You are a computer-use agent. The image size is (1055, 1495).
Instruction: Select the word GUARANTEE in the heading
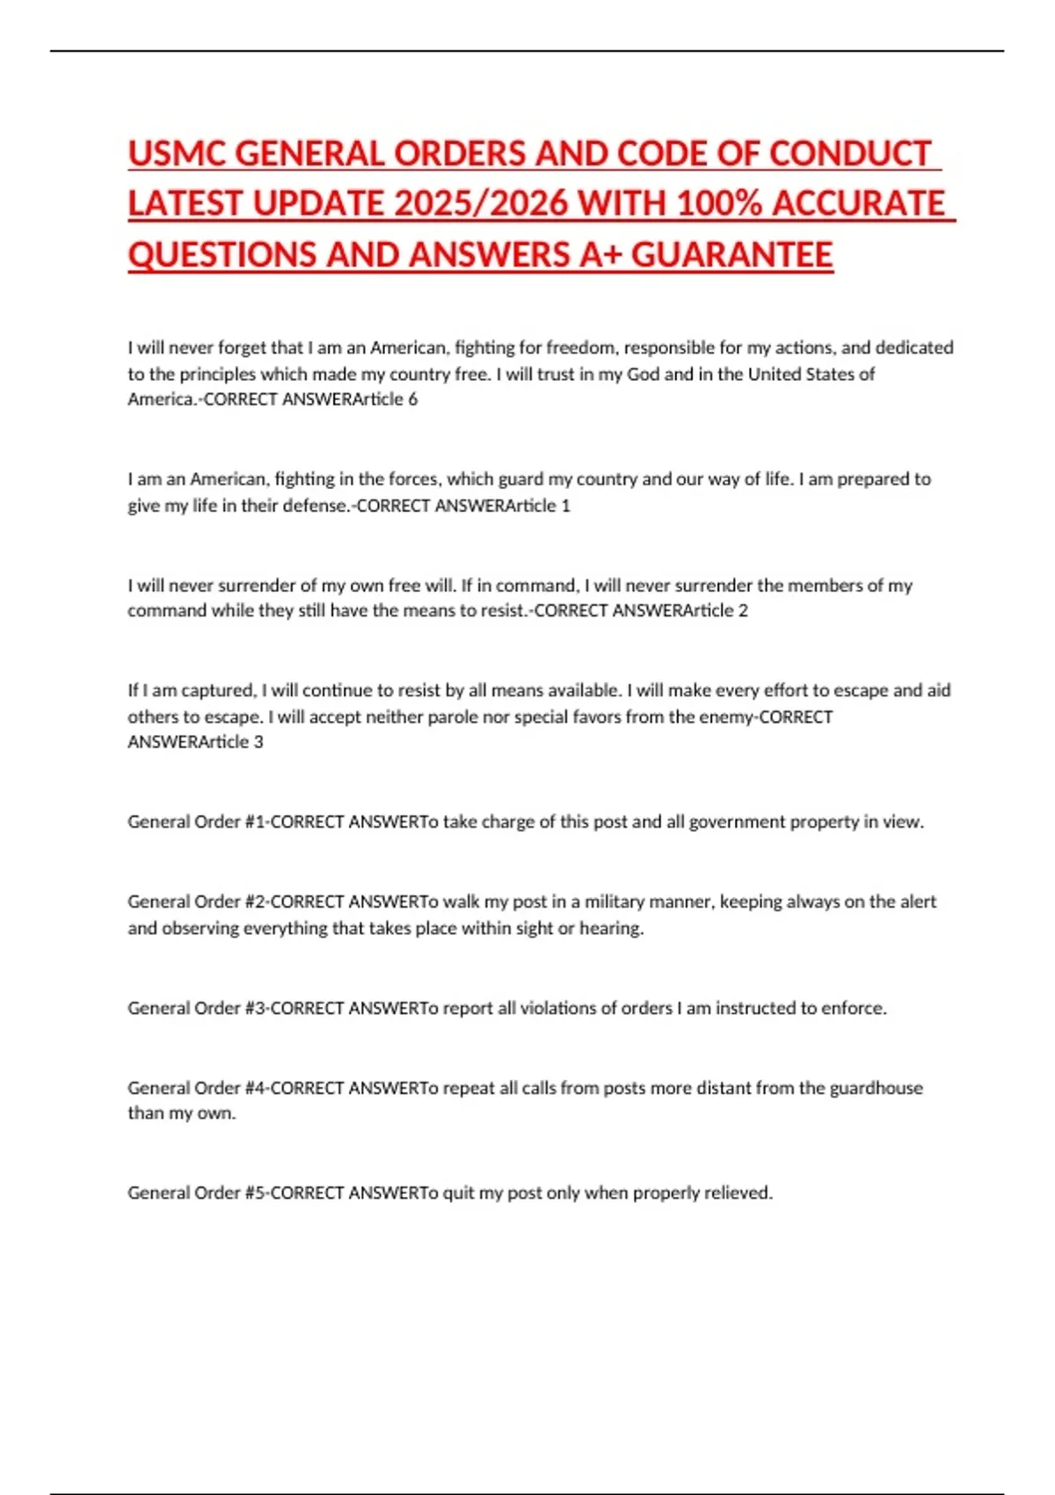coord(731,255)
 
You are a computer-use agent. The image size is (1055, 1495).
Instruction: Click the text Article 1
coord(539,506)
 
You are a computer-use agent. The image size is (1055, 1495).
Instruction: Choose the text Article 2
coord(717,610)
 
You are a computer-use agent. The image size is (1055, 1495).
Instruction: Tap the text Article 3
coord(231,742)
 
